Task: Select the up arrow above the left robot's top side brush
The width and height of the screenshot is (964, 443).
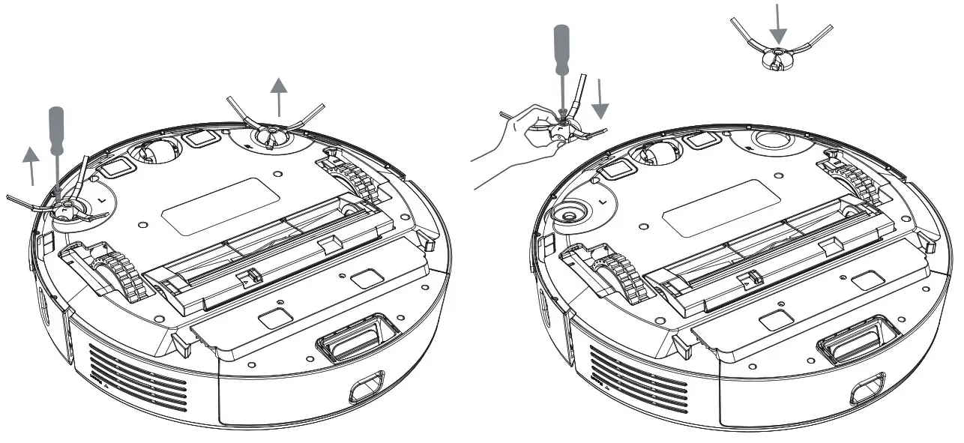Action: [x=279, y=94]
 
